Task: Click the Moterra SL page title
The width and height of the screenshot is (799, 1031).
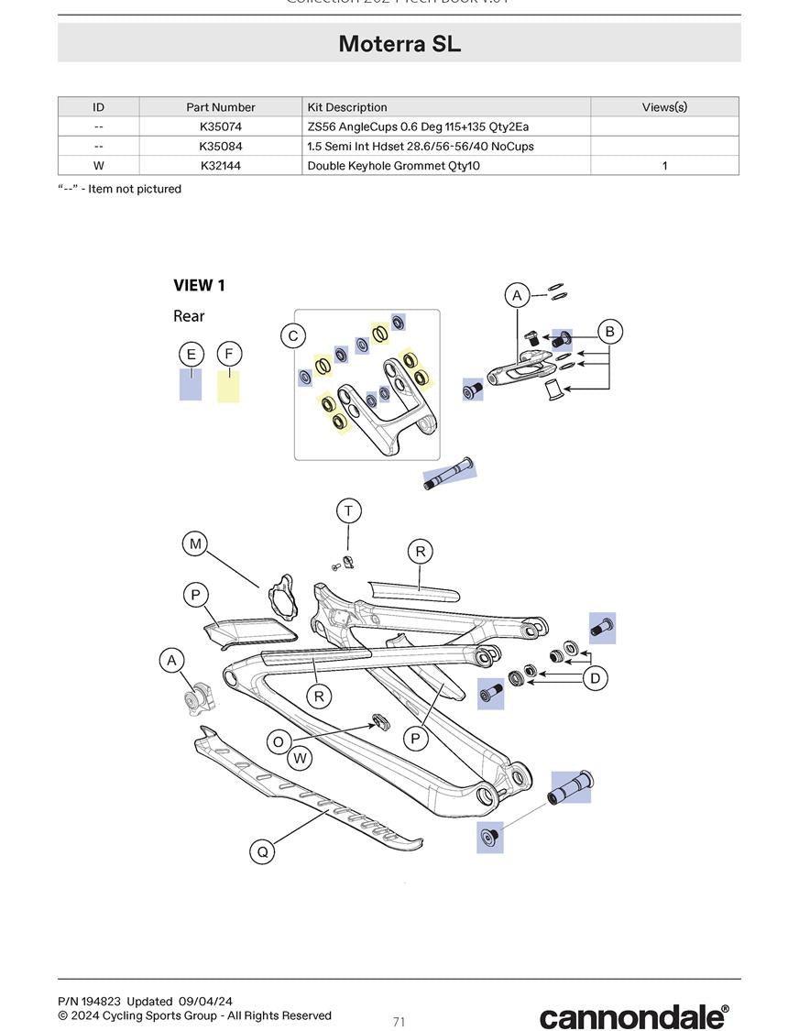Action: pyautogui.click(x=399, y=43)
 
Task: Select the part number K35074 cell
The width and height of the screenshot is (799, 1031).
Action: pyautogui.click(x=220, y=126)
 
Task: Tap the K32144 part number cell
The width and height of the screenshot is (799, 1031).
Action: pyautogui.click(x=220, y=166)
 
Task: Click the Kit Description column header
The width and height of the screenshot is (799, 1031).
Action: pyautogui.click(x=347, y=107)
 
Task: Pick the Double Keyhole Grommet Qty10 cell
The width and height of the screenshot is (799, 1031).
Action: pyautogui.click(x=393, y=166)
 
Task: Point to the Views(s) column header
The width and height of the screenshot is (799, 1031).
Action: pyautogui.click(x=663, y=107)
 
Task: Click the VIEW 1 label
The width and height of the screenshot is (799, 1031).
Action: pyautogui.click(x=199, y=286)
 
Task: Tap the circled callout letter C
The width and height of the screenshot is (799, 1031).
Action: pyautogui.click(x=293, y=336)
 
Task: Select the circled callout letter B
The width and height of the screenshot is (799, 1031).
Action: pyautogui.click(x=609, y=332)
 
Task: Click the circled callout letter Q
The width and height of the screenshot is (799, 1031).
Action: pyautogui.click(x=263, y=851)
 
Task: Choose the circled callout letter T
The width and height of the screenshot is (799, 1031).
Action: pyautogui.click(x=348, y=510)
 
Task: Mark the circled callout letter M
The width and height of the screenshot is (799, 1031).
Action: pyautogui.click(x=195, y=544)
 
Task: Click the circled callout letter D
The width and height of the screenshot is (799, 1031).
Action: pyautogui.click(x=596, y=678)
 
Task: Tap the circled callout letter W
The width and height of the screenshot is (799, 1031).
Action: pyautogui.click(x=300, y=759)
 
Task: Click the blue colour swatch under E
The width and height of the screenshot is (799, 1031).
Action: pyautogui.click(x=191, y=385)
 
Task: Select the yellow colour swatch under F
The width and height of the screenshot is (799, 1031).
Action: pyautogui.click(x=228, y=386)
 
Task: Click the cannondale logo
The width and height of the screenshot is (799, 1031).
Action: pyautogui.click(x=634, y=1015)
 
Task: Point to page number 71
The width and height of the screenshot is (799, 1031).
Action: pyautogui.click(x=399, y=1022)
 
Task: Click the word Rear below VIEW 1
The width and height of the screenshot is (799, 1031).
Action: pyautogui.click(x=189, y=316)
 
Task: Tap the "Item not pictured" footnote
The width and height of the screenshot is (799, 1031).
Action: pyautogui.click(x=119, y=189)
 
